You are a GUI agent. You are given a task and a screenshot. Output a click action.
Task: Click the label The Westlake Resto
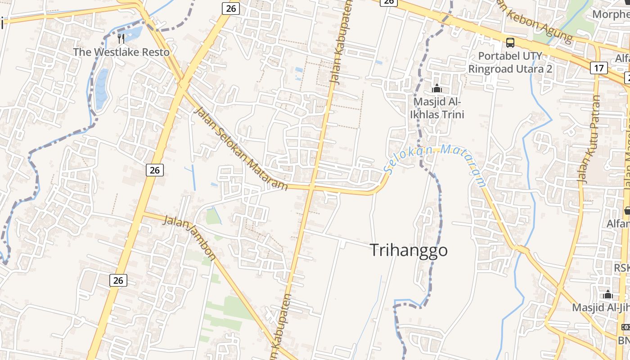(x=121, y=52)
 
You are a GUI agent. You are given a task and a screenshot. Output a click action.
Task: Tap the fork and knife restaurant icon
(x=121, y=38)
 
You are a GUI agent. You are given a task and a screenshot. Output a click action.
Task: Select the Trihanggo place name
(x=409, y=250)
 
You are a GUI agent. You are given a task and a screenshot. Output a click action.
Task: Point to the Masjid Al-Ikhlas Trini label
(x=436, y=108)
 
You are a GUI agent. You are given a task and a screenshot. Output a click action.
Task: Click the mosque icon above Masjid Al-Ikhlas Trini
(x=436, y=88)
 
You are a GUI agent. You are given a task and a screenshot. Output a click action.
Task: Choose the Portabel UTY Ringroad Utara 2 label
(x=510, y=63)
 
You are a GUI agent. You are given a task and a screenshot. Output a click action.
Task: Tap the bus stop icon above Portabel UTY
(x=510, y=43)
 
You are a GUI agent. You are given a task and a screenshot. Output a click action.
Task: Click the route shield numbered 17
(x=598, y=68)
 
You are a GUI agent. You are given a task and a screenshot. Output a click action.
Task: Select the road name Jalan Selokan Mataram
(x=241, y=148)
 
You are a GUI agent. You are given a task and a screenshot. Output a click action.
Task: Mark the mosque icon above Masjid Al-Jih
(x=608, y=295)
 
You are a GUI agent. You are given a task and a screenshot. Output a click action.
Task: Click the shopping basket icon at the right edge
(x=627, y=210)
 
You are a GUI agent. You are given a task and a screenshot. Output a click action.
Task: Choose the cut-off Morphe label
(x=611, y=14)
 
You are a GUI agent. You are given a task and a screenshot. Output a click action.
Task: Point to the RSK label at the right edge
(x=622, y=268)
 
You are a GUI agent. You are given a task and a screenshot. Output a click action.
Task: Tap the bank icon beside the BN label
(x=625, y=327)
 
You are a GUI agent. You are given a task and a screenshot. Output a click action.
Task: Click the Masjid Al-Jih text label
(x=601, y=308)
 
